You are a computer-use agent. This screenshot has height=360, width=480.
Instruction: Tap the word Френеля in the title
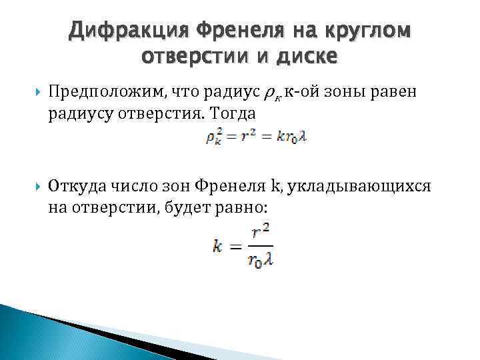click(x=235, y=31)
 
